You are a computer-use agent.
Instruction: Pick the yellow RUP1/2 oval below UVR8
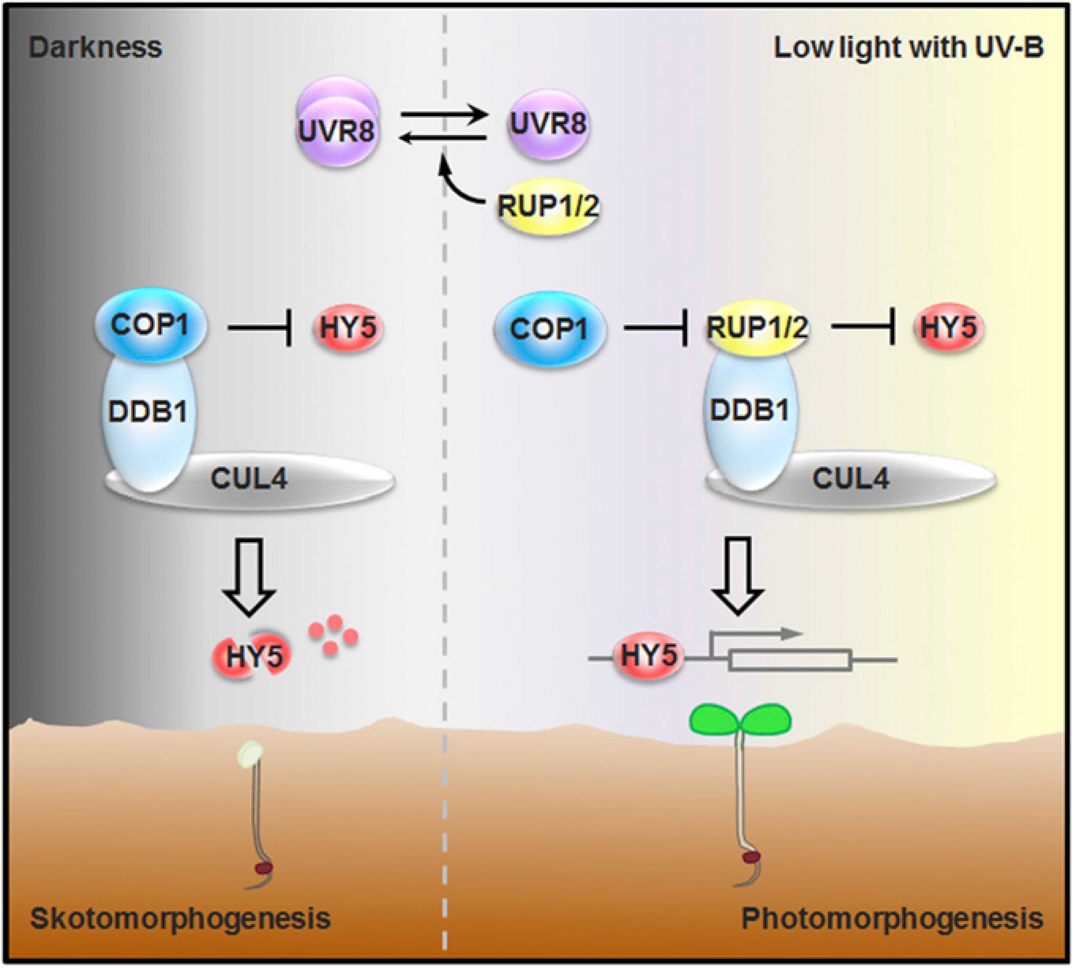click(x=548, y=206)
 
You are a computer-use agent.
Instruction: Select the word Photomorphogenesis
click(x=892, y=919)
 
